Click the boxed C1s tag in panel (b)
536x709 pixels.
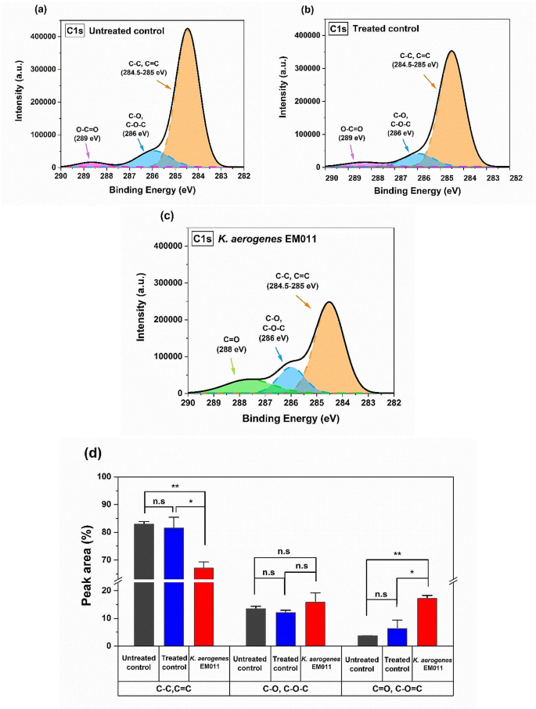(x=338, y=29)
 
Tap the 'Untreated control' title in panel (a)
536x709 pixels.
(x=127, y=31)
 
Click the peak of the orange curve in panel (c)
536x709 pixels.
(x=329, y=302)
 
